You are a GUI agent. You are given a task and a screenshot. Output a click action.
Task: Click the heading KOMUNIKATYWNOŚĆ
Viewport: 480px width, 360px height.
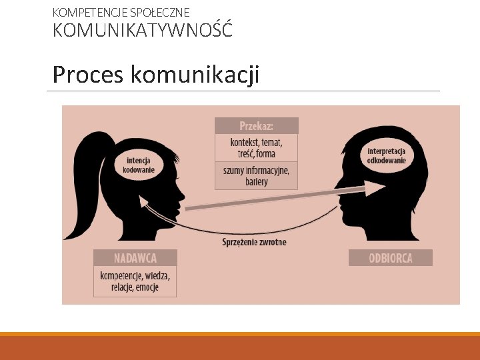pyautogui.click(x=143, y=31)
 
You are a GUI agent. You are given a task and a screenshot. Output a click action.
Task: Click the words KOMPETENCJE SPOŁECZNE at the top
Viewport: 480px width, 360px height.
pyautogui.click(x=121, y=12)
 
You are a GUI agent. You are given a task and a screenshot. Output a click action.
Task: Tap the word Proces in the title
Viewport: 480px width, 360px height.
pyautogui.click(x=87, y=75)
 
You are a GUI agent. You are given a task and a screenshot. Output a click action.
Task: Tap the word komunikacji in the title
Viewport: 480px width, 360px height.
pyautogui.click(x=195, y=75)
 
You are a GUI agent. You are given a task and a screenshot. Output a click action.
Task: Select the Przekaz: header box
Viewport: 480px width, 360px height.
pyautogui.click(x=257, y=125)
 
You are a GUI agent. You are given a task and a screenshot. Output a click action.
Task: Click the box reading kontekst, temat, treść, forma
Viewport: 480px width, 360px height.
pyautogui.click(x=257, y=147)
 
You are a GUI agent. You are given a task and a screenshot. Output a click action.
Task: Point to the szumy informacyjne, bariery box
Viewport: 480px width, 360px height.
pyautogui.click(x=257, y=176)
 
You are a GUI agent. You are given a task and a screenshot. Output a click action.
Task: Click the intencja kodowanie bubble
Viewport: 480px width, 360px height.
pyautogui.click(x=139, y=165)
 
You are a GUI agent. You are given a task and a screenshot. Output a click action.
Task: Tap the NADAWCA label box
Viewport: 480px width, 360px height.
pyautogui.click(x=135, y=257)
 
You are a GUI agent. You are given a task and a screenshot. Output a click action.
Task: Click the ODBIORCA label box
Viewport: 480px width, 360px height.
pyautogui.click(x=391, y=258)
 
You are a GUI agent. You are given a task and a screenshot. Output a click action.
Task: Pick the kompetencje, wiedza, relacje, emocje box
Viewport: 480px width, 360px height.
pyautogui.click(x=135, y=281)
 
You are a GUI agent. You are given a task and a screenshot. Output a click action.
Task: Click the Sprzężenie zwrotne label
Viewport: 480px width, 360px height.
pyautogui.click(x=254, y=242)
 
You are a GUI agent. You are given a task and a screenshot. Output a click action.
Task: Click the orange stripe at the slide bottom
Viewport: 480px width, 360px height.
pyautogui.click(x=240, y=334)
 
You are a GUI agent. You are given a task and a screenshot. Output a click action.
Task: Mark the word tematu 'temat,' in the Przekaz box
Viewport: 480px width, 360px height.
pyautogui.click(x=271, y=142)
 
